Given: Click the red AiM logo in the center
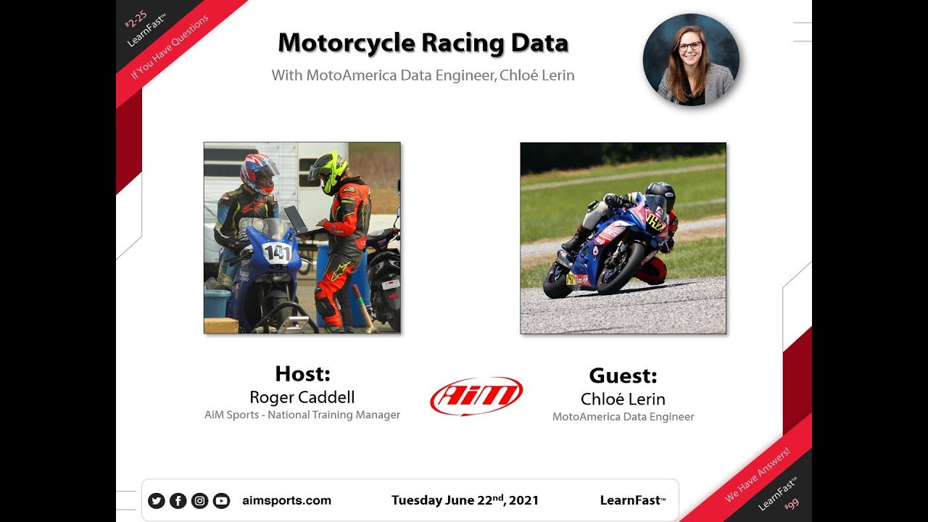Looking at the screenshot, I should coord(476,396).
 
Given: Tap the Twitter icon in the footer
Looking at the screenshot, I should coord(156,500).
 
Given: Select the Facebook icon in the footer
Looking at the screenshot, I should coord(178,500).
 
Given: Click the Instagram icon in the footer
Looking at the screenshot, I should coord(199,500).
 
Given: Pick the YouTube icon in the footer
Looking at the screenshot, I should coord(221,500).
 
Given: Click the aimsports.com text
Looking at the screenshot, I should coord(286,500).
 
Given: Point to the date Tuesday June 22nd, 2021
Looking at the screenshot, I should coord(465,500).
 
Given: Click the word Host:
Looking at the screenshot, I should coord(302,374).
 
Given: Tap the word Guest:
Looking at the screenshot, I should coord(623,376).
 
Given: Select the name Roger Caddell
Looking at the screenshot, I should coord(302,397).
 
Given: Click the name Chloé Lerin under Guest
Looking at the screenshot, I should coord(623,399).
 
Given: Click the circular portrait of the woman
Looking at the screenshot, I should coord(691,59).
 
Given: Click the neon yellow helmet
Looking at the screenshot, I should coord(328,171).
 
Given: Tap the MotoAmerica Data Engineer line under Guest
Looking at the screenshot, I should coord(623,417).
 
